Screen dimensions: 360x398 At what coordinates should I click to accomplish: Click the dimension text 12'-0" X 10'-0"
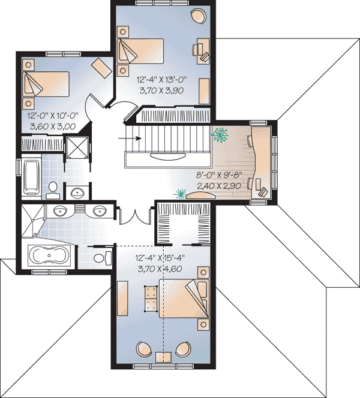click(x=53, y=116)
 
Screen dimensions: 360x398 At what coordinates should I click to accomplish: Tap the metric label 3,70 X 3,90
click(x=161, y=90)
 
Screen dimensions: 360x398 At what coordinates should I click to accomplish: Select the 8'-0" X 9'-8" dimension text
click(x=219, y=175)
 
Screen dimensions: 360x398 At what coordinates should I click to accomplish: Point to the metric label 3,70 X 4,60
click(x=160, y=269)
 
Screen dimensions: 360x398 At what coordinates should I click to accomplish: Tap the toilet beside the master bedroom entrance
click(x=103, y=258)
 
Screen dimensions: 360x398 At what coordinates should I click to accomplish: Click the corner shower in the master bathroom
click(x=32, y=221)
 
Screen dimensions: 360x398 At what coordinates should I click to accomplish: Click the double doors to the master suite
click(x=136, y=216)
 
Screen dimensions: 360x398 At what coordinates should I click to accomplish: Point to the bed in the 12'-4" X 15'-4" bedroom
click(x=184, y=298)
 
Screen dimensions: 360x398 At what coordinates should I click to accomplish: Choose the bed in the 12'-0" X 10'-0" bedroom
click(x=46, y=84)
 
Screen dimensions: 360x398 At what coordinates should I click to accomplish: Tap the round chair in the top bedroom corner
click(x=199, y=17)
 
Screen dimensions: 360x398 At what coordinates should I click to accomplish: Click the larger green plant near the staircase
click(x=219, y=134)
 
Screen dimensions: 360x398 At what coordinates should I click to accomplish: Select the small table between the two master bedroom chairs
click(x=163, y=357)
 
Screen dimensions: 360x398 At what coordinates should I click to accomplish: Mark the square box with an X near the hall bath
click(x=77, y=147)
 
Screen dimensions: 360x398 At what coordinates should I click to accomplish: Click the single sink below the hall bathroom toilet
click(x=77, y=194)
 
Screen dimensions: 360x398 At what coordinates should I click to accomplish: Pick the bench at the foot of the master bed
click(x=151, y=298)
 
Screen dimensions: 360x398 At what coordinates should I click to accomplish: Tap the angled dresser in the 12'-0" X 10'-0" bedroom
click(x=101, y=68)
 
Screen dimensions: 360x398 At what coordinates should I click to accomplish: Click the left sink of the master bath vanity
click(x=60, y=210)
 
